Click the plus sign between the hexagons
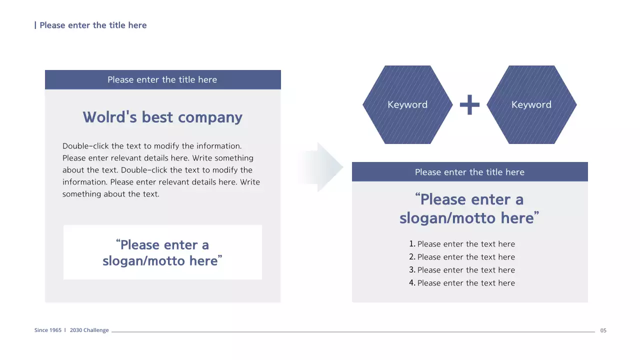point(469,105)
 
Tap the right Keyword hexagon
point(531,104)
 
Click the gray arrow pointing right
point(322,167)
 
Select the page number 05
point(603,330)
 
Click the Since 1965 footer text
point(48,330)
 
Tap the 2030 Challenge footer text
point(89,330)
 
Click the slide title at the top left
point(93,25)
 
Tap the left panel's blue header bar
point(162,79)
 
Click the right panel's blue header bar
point(469,172)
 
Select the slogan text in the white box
point(162,252)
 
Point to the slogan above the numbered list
point(469,208)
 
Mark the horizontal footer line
point(350,331)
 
